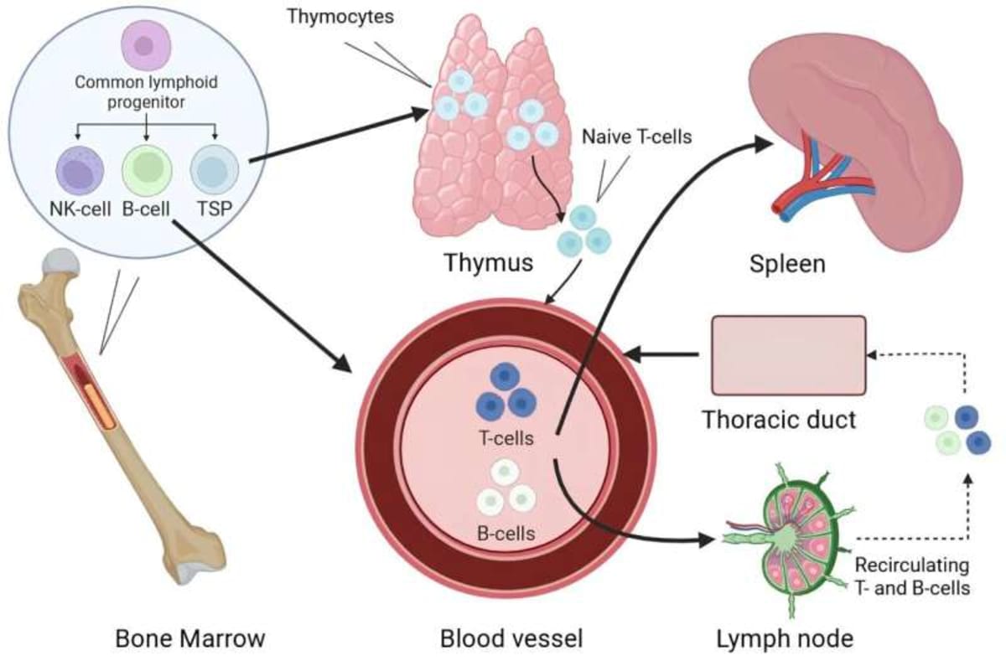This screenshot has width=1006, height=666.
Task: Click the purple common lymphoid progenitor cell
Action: (x=148, y=45)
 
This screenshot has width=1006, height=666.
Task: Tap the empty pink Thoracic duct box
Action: (x=788, y=354)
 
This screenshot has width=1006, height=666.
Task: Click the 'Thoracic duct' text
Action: (x=779, y=418)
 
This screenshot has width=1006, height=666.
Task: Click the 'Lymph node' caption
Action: (x=785, y=639)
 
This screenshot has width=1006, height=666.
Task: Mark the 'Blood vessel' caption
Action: (x=511, y=639)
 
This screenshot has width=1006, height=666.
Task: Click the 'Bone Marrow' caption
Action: (x=190, y=639)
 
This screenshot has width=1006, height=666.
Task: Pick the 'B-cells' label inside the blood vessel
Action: (x=507, y=532)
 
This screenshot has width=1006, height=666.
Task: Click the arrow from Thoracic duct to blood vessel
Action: (x=666, y=354)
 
